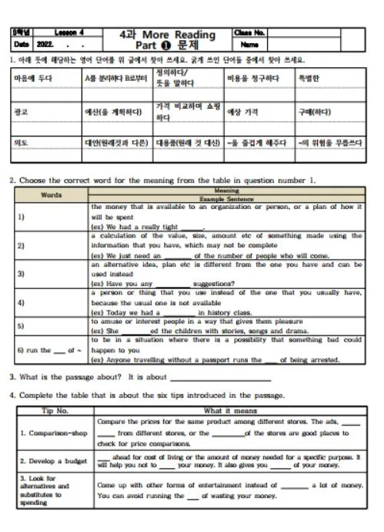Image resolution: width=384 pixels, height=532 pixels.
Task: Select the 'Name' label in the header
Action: pos(248,45)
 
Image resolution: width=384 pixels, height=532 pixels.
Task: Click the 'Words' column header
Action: pos(51,195)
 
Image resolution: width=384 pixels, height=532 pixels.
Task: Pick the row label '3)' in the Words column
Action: pos(21,274)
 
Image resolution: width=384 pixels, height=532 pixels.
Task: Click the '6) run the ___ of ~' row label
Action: pos(48,350)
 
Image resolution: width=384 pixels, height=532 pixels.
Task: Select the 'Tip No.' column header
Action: pos(54,411)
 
